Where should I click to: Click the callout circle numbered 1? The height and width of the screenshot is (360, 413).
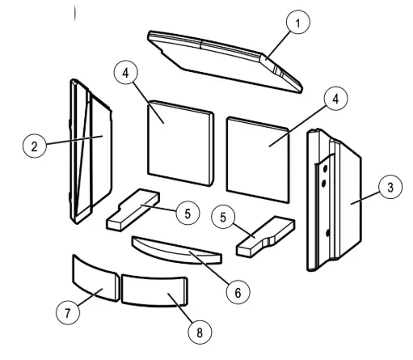click(x=298, y=22)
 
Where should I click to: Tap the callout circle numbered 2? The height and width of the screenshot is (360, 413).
click(x=35, y=146)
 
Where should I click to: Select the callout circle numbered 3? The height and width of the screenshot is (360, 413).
click(x=390, y=187)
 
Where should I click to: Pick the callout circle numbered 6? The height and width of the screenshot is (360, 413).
click(x=238, y=292)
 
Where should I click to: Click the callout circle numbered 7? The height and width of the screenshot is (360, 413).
click(x=68, y=312)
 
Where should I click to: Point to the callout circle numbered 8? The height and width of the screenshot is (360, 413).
click(x=200, y=332)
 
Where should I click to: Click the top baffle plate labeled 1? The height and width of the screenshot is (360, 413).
click(x=225, y=62)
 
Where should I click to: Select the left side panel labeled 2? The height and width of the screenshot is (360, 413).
click(x=91, y=151)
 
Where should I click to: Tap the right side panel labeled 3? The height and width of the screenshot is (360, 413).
click(x=334, y=200)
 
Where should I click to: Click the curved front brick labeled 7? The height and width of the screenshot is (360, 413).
click(x=96, y=278)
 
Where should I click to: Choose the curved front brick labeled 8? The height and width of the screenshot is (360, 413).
click(x=154, y=290)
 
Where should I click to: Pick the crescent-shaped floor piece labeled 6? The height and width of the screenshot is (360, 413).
click(x=176, y=251)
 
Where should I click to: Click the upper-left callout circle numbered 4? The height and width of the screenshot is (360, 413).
click(x=126, y=73)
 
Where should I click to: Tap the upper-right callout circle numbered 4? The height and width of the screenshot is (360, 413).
click(x=335, y=99)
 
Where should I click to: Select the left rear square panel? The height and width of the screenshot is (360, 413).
click(x=181, y=143)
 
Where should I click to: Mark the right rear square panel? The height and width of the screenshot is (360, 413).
click(x=258, y=159)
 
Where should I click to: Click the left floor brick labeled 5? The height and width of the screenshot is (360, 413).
click(x=133, y=210)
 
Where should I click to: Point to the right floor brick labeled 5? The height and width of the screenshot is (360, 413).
click(x=266, y=236)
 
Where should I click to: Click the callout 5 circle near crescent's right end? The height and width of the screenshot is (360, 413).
click(x=223, y=217)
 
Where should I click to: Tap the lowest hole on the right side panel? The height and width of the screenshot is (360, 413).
click(x=328, y=233)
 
